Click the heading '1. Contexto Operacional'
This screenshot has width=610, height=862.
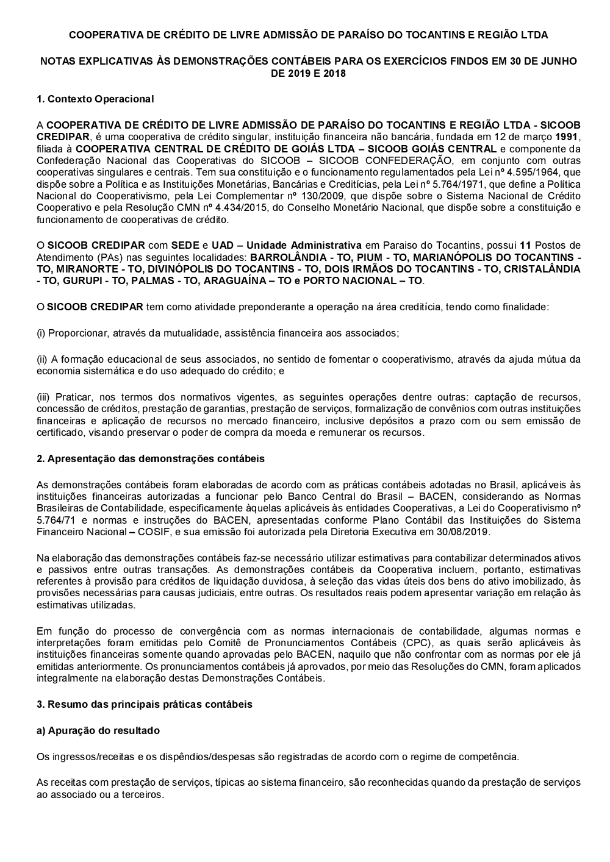pyautogui.click(x=95, y=99)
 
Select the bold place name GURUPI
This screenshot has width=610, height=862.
pyautogui.click(x=66, y=280)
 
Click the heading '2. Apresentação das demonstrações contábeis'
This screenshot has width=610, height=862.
pyautogui.click(x=151, y=458)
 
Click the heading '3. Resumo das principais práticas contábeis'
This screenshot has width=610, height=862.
pyautogui.click(x=145, y=704)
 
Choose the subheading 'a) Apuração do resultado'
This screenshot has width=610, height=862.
pyautogui.click(x=98, y=730)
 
